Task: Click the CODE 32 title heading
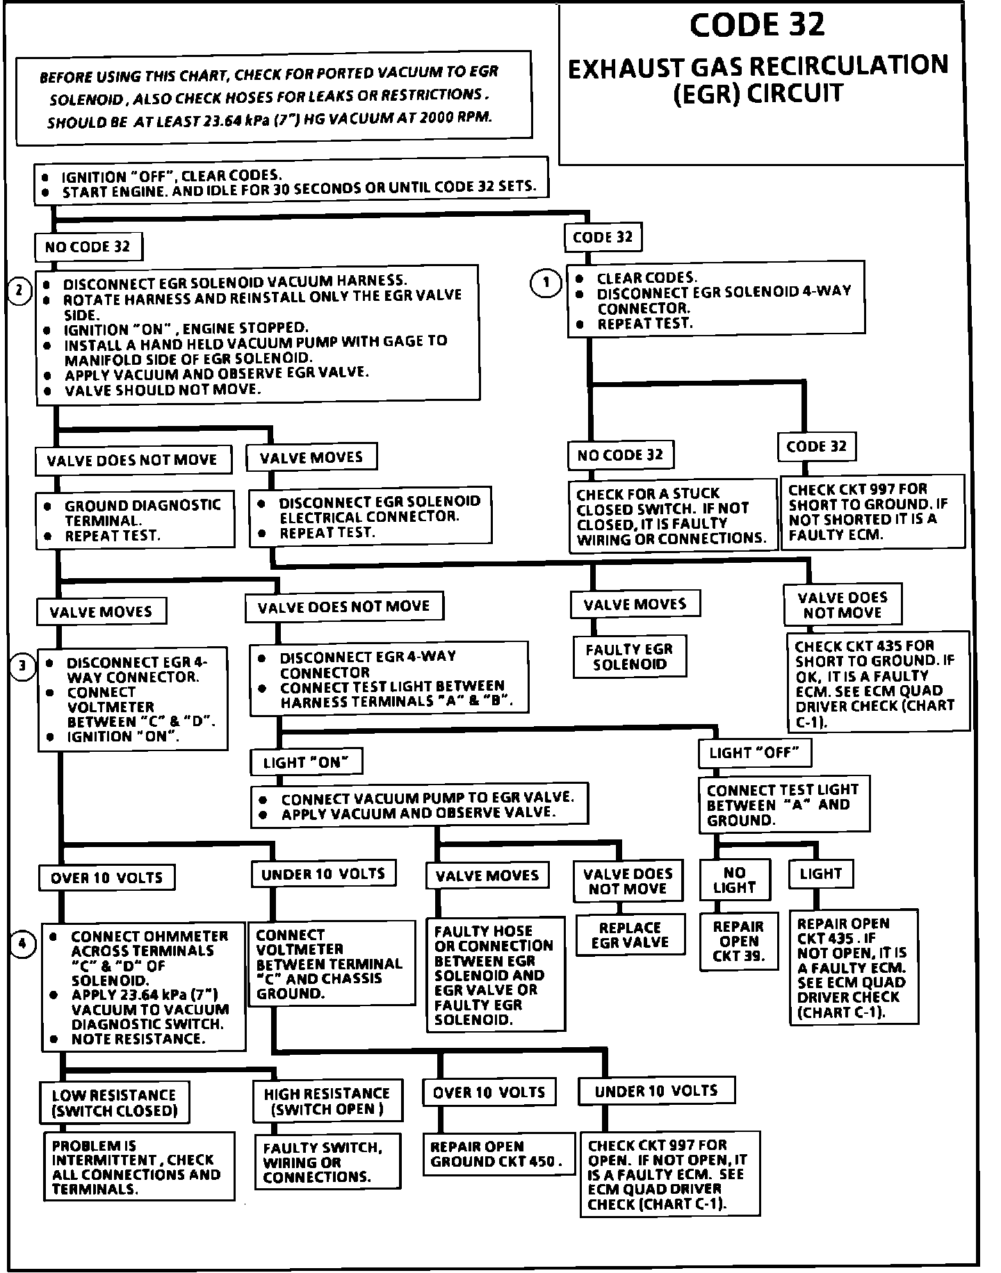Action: click(757, 25)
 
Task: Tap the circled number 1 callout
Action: click(546, 283)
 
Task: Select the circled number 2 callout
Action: click(19, 290)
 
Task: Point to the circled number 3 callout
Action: click(23, 666)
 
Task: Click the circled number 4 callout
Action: click(23, 944)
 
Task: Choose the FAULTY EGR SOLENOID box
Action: click(629, 656)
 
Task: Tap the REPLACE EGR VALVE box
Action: click(630, 935)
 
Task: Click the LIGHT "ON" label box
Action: click(306, 762)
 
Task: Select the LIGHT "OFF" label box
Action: click(754, 753)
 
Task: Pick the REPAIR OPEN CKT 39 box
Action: click(738, 942)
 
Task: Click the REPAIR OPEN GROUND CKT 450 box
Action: click(496, 1154)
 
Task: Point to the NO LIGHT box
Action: click(734, 880)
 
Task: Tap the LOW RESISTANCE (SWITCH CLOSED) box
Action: click(115, 1103)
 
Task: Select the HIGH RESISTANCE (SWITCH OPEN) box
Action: click(327, 1101)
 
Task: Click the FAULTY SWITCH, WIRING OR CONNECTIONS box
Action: click(327, 1162)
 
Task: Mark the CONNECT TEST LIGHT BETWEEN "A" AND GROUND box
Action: click(783, 805)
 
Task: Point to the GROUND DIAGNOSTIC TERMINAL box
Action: click(136, 520)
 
